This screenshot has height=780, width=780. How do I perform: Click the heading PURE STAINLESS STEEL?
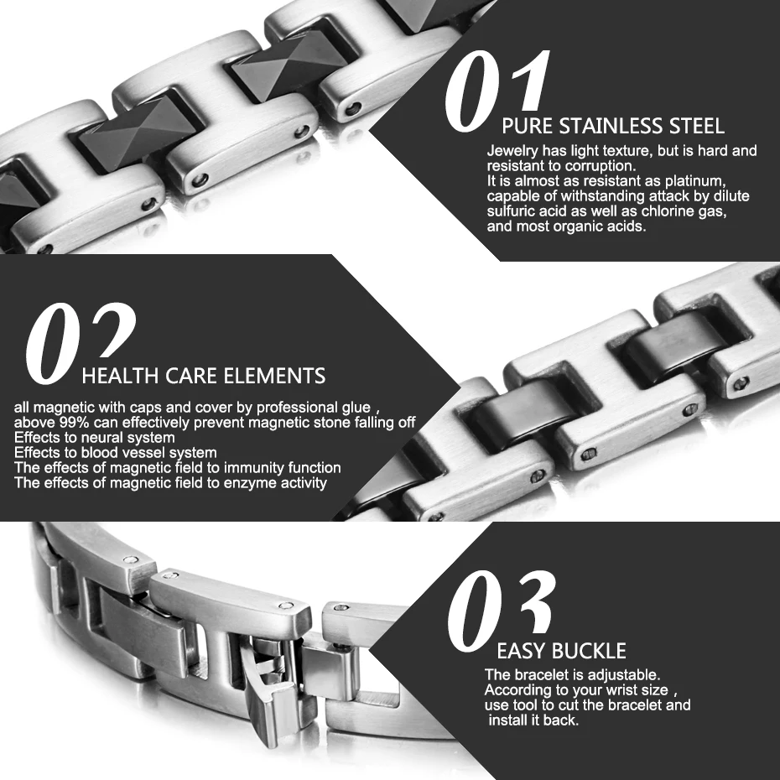pyautogui.click(x=612, y=127)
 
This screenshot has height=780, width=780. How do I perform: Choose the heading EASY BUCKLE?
pyautogui.click(x=561, y=651)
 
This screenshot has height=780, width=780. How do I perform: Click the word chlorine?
pyautogui.click(x=668, y=211)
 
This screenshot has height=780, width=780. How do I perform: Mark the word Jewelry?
pyautogui.click(x=512, y=151)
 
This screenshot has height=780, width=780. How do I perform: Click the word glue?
pyautogui.click(x=354, y=407)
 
